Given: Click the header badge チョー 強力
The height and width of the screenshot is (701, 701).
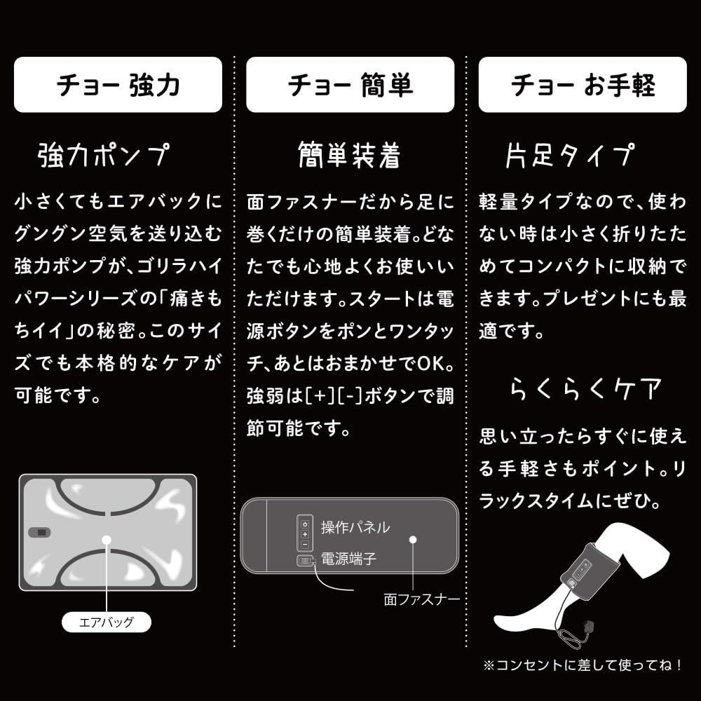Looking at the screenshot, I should (118, 85).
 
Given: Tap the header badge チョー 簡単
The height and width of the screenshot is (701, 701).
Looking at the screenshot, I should (350, 85).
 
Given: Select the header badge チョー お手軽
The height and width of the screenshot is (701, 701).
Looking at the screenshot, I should (583, 85).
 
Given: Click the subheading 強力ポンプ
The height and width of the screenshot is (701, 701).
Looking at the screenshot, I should (103, 154).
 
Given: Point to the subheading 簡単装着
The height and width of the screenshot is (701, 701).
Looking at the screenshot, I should (348, 154).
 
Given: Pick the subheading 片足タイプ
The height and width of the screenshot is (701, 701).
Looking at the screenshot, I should (569, 154).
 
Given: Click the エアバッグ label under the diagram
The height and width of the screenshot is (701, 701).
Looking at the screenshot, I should (107, 621).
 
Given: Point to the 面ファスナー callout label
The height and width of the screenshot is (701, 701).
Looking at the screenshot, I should (422, 599).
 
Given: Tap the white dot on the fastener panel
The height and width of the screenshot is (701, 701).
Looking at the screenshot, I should (413, 540).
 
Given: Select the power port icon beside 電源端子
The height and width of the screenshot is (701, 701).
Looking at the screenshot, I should (305, 560).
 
